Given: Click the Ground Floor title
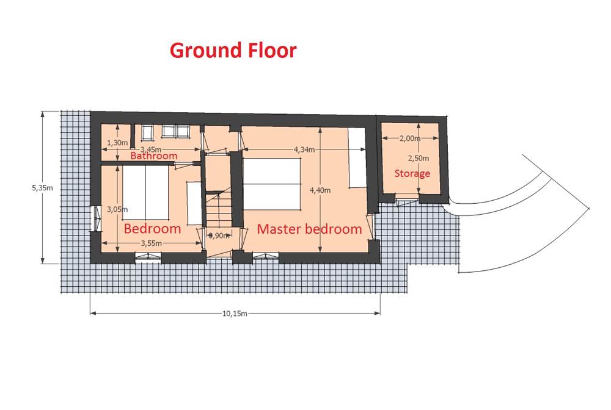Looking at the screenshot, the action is (x=233, y=51).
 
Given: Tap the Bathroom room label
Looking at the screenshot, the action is (x=153, y=156).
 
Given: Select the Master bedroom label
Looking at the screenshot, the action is (x=309, y=229).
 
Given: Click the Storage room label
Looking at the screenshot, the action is (x=412, y=173).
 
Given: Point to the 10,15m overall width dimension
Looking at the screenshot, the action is (x=235, y=314).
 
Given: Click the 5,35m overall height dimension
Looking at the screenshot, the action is (x=42, y=188).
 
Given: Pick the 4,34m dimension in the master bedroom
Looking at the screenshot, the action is (x=304, y=149).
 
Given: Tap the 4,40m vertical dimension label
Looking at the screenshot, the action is (x=320, y=190).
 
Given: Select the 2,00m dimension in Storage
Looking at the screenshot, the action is (x=410, y=138).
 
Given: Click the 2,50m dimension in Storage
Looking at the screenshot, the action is (x=419, y=158).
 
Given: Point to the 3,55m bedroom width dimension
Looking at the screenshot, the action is (x=151, y=243).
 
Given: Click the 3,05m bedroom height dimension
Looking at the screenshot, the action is (x=117, y=210).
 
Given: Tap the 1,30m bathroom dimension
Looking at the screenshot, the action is (x=117, y=143).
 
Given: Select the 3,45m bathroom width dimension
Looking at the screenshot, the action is (x=151, y=149).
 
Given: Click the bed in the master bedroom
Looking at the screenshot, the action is (x=272, y=184).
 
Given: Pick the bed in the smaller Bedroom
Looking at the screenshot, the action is (x=145, y=193).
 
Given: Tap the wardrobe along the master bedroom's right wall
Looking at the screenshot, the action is (x=357, y=158).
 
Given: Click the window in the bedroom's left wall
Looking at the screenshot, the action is (x=94, y=218).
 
